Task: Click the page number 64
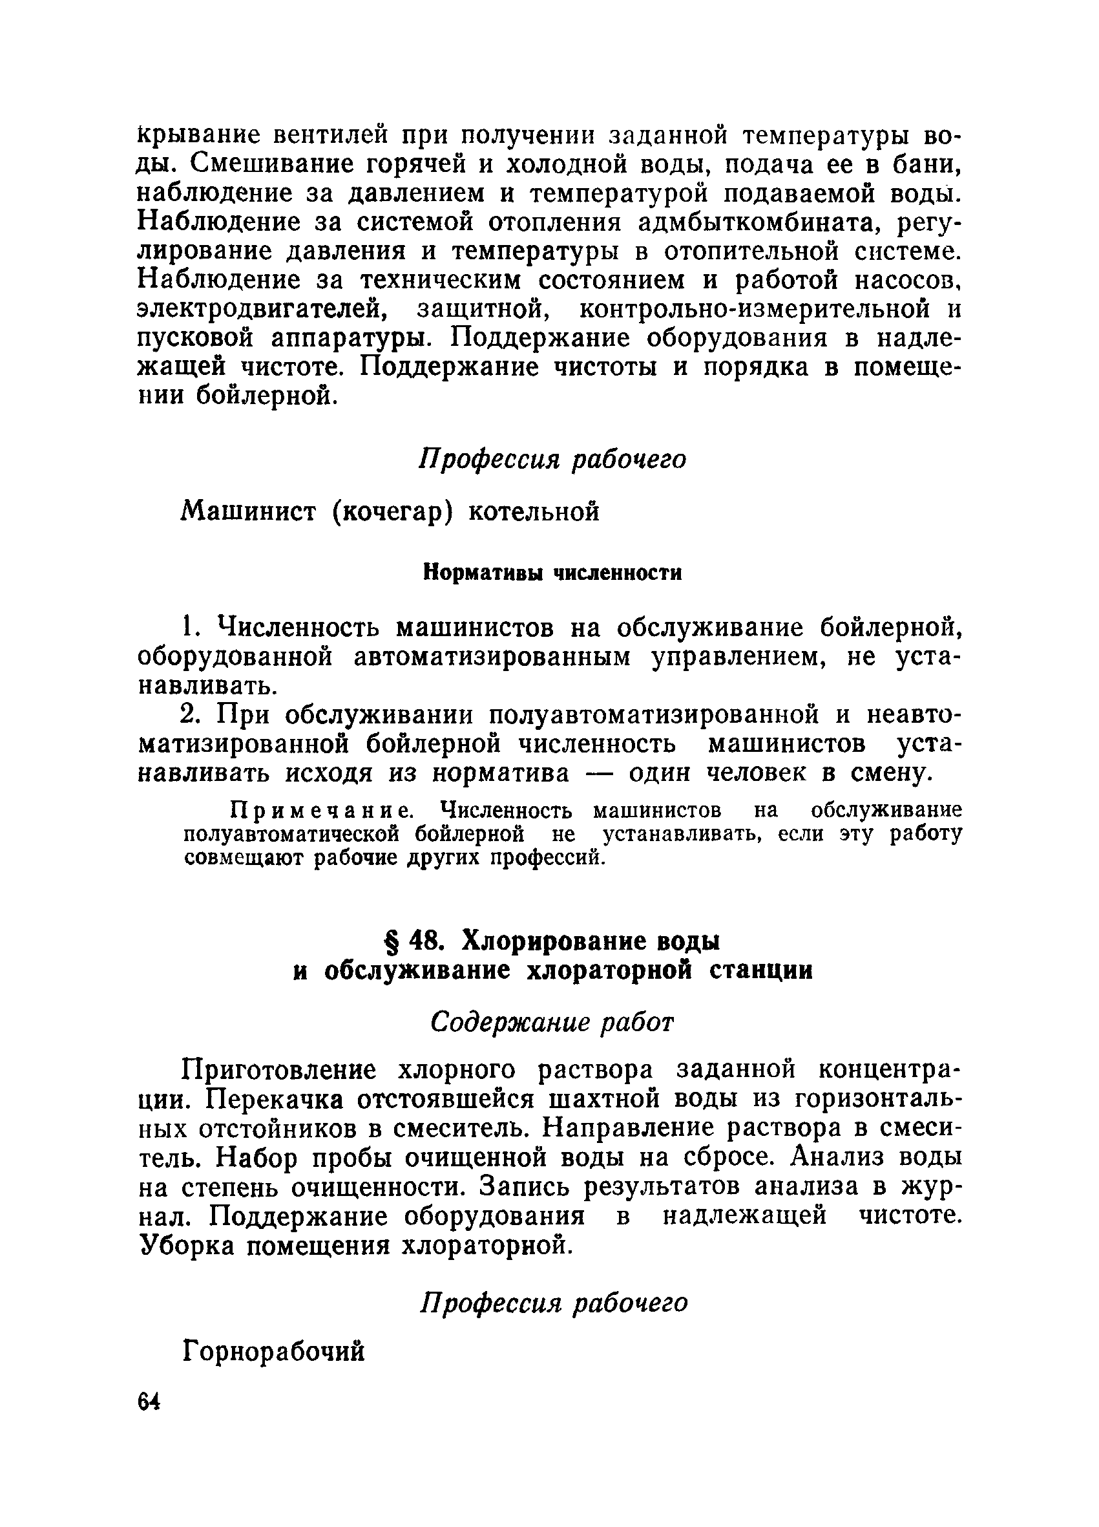(x=149, y=1402)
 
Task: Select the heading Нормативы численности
(x=552, y=573)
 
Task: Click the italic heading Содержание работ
(x=552, y=1023)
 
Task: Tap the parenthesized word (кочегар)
(x=390, y=513)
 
